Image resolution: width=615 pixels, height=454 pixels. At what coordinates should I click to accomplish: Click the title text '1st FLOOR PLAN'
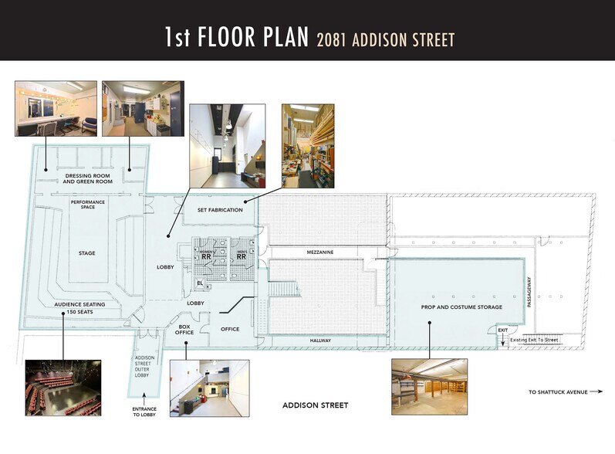235,37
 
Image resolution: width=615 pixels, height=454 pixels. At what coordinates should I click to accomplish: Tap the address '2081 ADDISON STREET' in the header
385,39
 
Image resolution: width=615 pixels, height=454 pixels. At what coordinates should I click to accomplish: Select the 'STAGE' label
87,253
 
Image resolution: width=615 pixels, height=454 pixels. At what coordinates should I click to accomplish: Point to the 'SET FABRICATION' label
220,210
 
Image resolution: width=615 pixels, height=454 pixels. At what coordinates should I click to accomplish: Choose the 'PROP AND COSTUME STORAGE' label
461,307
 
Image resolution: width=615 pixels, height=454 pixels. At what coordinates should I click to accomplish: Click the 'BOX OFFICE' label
184,329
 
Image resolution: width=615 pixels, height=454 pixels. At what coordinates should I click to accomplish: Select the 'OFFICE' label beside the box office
229,330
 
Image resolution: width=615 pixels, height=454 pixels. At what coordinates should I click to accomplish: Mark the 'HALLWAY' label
320,340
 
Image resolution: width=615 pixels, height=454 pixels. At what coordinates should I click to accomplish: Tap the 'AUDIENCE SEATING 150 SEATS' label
79,308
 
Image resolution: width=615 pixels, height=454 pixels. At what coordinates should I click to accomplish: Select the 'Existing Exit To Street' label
534,340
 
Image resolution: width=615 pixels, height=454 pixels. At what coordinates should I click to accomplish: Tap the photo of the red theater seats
63,384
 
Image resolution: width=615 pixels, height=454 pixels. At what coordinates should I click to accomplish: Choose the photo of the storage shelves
428,383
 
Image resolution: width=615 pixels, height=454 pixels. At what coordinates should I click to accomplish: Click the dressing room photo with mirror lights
56,109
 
